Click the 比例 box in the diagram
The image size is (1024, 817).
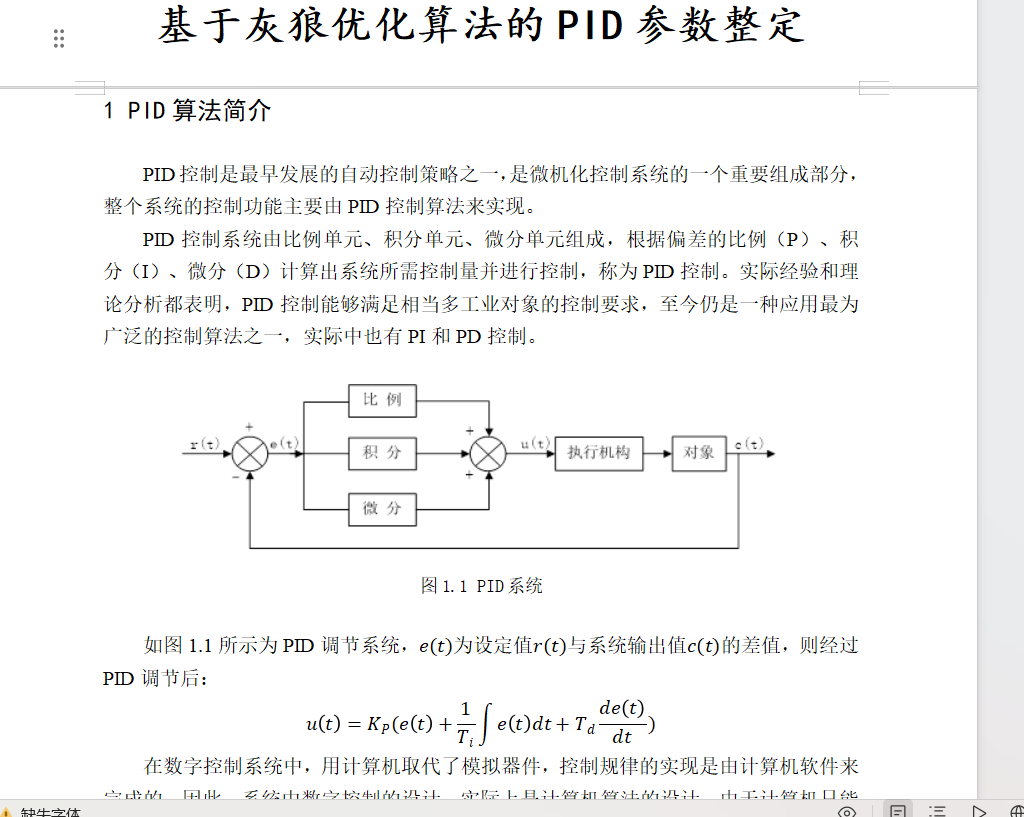click(x=382, y=400)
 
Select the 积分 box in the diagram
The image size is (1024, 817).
click(x=382, y=453)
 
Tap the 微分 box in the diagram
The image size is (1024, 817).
click(x=382, y=508)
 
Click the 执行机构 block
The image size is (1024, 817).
click(x=599, y=453)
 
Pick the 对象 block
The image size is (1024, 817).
click(x=699, y=453)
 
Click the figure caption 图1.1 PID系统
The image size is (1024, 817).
click(x=482, y=586)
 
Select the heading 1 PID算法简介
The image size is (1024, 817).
click(x=187, y=111)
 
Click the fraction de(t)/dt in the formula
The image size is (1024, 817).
click(x=622, y=722)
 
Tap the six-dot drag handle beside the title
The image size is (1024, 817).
click(x=59, y=39)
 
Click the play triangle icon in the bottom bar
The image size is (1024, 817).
click(x=980, y=811)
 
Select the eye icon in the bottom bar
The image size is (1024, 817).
click(x=847, y=811)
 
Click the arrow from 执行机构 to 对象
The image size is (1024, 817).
click(x=658, y=454)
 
